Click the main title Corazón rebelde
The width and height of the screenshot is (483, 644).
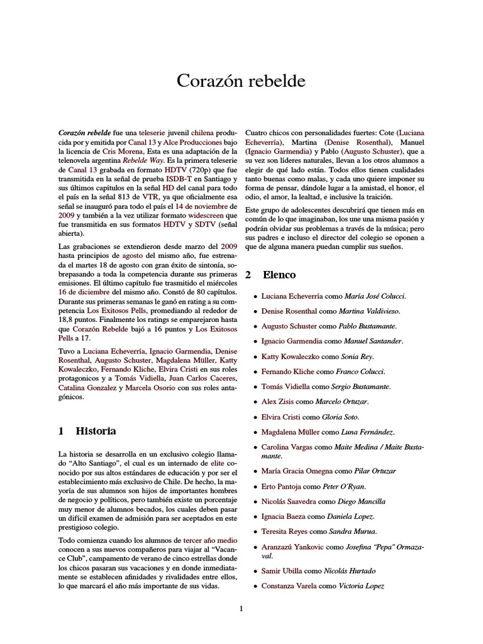(x=241, y=80)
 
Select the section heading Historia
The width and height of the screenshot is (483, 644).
(x=96, y=431)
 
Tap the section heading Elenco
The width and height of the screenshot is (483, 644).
(x=279, y=275)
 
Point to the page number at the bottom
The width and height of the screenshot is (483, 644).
(x=241, y=608)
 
